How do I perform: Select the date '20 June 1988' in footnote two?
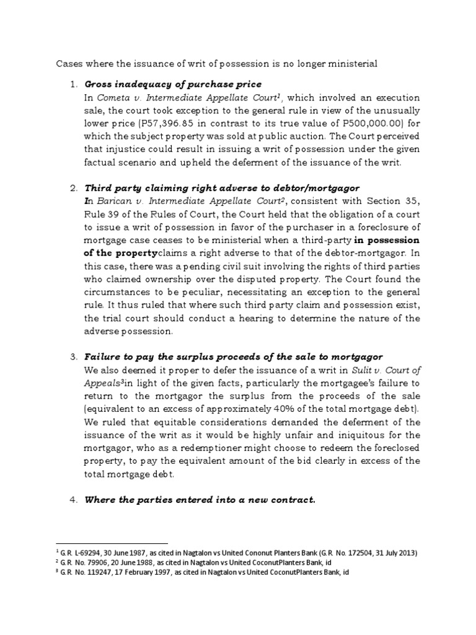pyautogui.click(x=131, y=562)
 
